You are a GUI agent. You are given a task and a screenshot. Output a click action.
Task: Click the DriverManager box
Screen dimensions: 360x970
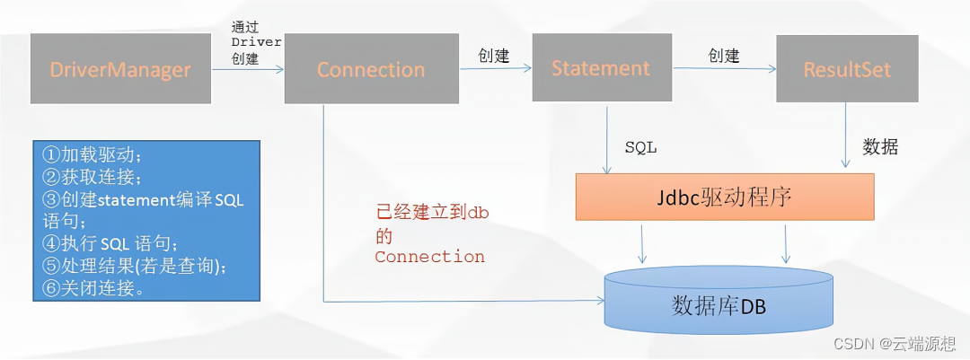click(x=121, y=69)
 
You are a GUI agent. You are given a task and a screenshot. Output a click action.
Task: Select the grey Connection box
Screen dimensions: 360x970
click(x=371, y=69)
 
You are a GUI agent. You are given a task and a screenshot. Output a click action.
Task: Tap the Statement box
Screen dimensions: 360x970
click(x=601, y=68)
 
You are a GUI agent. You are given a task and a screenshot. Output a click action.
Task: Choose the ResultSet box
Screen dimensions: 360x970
click(x=847, y=69)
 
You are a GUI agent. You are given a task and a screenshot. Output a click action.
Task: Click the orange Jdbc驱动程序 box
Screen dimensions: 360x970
click(x=725, y=197)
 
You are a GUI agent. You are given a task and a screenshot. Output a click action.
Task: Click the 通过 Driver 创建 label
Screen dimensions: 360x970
click(x=244, y=42)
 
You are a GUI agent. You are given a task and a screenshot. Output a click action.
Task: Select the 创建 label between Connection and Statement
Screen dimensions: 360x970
click(x=492, y=56)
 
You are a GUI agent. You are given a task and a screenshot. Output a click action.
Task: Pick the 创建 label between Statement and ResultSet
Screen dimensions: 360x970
click(x=724, y=56)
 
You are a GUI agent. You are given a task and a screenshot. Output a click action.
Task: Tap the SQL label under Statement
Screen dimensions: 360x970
click(x=640, y=148)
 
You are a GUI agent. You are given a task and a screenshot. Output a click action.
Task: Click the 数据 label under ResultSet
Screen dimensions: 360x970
click(x=879, y=148)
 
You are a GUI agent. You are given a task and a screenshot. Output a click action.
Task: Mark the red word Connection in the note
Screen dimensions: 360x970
click(x=429, y=257)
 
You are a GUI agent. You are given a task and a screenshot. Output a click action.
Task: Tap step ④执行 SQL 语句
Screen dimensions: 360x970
click(x=111, y=243)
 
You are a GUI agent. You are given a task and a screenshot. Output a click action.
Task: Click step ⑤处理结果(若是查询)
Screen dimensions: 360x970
click(x=135, y=266)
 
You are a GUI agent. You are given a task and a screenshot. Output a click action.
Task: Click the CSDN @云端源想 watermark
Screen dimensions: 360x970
click(x=897, y=343)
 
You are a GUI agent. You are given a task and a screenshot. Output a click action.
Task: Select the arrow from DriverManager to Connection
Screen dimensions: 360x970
click(x=247, y=69)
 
